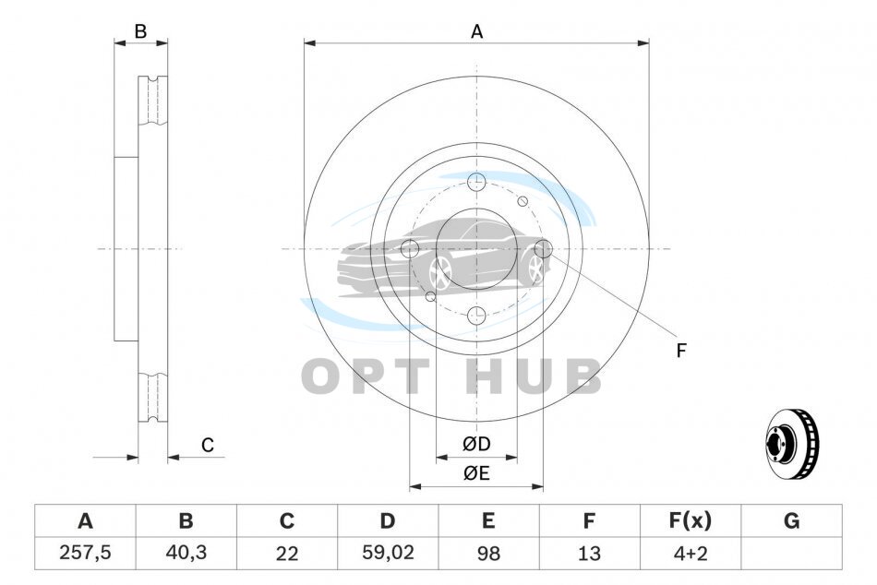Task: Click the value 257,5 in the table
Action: (x=85, y=553)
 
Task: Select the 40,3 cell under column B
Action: (x=186, y=553)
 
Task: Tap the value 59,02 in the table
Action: (x=388, y=553)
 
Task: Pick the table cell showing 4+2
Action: (x=691, y=553)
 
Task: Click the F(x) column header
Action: (x=691, y=520)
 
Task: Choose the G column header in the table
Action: (x=791, y=520)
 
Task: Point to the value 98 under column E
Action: (x=488, y=553)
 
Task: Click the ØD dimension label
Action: (x=476, y=444)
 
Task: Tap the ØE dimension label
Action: (x=476, y=473)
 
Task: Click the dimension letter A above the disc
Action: (x=476, y=32)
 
